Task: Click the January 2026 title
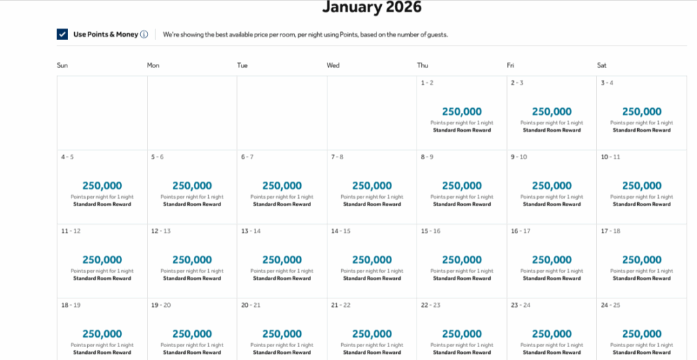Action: [x=372, y=8]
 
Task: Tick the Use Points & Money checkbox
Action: [x=63, y=35]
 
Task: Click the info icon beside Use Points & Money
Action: [x=144, y=35]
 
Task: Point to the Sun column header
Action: [x=63, y=65]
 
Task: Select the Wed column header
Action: [x=333, y=65]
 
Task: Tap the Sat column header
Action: [x=602, y=65]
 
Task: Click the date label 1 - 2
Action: [x=427, y=83]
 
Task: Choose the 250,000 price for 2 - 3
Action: [x=551, y=112]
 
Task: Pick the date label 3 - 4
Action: [x=606, y=83]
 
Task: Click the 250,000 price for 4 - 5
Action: [x=102, y=186]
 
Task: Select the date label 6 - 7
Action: [x=247, y=157]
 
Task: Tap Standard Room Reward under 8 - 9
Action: [x=461, y=204]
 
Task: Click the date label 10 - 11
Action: [x=610, y=157]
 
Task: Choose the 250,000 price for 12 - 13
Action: [x=192, y=260]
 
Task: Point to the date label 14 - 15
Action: [x=340, y=231]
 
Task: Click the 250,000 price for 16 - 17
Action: [x=551, y=260]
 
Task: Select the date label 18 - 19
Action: [x=71, y=306]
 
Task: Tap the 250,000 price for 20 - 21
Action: [x=282, y=334]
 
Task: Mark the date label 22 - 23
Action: [x=430, y=306]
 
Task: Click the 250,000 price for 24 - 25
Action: [x=641, y=334]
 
